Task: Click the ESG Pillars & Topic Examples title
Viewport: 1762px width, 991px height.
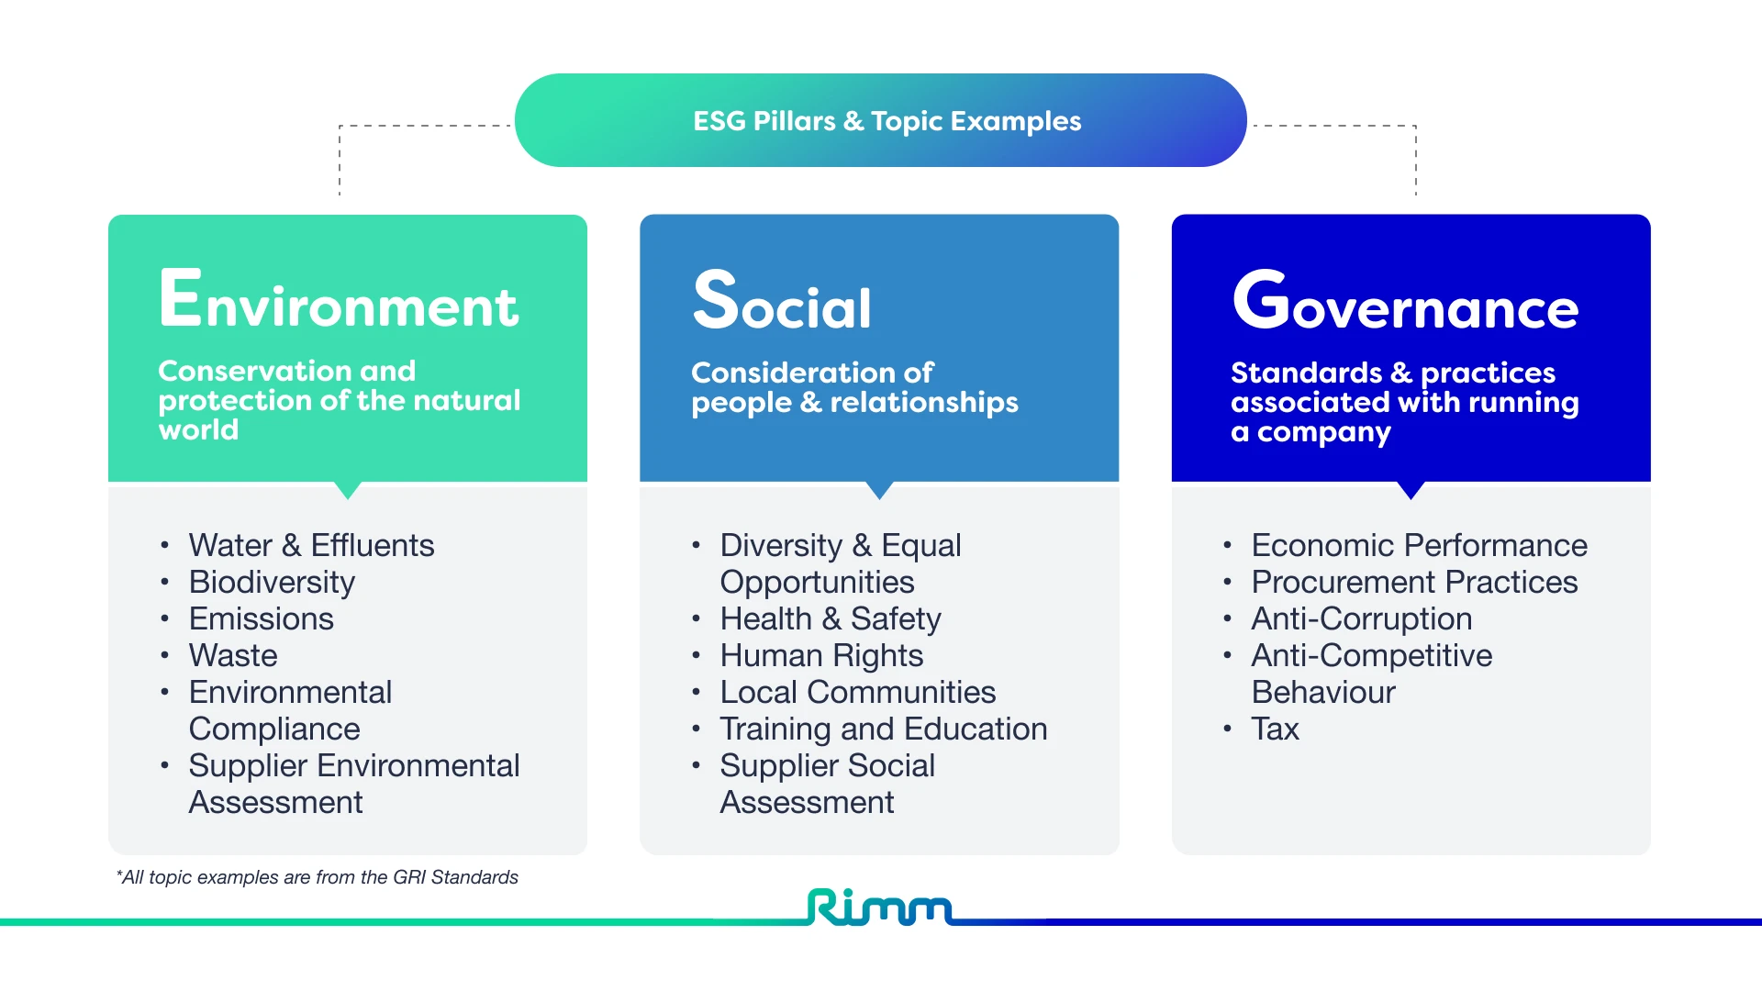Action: click(x=887, y=121)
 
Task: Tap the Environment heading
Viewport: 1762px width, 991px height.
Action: click(x=339, y=301)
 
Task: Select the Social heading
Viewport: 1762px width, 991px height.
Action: click(x=782, y=301)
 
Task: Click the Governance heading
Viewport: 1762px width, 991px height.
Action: click(x=1405, y=301)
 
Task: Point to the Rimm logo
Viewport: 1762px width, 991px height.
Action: click(x=879, y=907)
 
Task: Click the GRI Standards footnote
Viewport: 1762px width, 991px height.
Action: click(x=318, y=877)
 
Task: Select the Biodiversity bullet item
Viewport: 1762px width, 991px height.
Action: click(x=272, y=582)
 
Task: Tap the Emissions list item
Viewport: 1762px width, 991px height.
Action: click(x=261, y=618)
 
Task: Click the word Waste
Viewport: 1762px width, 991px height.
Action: click(x=233, y=655)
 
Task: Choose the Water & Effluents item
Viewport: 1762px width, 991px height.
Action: click(x=311, y=545)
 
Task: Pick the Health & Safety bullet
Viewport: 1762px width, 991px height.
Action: click(x=831, y=618)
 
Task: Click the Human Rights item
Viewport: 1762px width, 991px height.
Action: click(x=821, y=655)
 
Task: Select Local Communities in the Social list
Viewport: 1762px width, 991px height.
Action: click(x=857, y=692)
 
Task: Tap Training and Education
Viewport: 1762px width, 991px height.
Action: click(x=883, y=729)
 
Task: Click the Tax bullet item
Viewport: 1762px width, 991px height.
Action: click(x=1275, y=729)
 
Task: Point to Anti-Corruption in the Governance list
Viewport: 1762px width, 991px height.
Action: click(x=1361, y=618)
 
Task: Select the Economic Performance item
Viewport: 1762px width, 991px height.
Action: click(x=1419, y=545)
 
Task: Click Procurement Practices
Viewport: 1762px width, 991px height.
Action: click(x=1414, y=582)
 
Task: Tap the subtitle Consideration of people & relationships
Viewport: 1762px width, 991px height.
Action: click(x=854, y=387)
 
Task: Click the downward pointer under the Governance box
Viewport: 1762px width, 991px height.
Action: click(x=1411, y=490)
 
